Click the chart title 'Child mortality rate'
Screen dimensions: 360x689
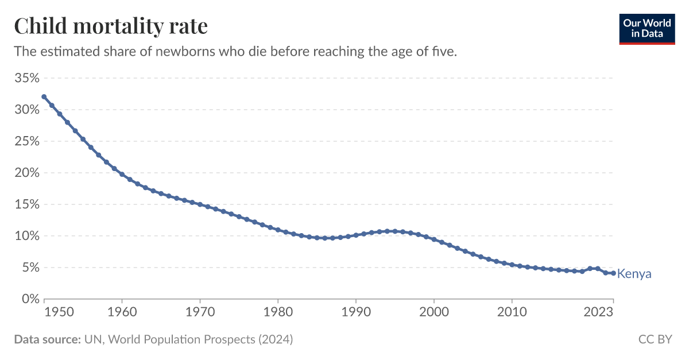111,26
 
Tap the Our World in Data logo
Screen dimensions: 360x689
647,27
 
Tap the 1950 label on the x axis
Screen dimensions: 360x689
44,312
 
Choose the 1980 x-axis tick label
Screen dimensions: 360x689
278,312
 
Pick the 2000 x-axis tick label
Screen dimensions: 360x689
434,312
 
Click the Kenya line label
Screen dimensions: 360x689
634,274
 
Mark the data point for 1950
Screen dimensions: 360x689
44,97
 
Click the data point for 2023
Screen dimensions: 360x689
613,273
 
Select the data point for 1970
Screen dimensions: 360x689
200,204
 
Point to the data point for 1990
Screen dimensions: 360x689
356,235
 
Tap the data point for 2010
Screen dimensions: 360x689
512,265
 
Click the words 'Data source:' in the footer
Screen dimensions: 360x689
47,339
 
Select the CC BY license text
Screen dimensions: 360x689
655,339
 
